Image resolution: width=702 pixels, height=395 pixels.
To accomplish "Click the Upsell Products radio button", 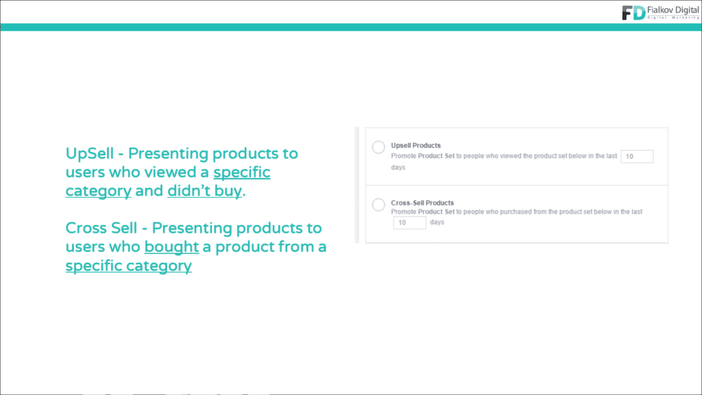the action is [378, 147].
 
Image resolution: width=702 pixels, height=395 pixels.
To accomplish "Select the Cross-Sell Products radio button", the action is [378, 205].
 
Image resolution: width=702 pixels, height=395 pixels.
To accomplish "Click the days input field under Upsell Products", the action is [637, 156].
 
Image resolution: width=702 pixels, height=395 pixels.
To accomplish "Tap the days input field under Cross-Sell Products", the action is [410, 222].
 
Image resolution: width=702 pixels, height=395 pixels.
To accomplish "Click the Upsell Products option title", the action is [415, 145].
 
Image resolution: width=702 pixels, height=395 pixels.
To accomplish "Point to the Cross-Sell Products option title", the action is [422, 203].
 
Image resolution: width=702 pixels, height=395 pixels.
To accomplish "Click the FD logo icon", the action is [633, 12].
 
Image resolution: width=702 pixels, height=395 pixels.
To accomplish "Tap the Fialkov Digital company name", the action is [673, 10].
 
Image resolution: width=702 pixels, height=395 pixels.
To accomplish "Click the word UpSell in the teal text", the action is [90, 154].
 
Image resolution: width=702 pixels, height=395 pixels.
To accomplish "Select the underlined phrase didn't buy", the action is [204, 191].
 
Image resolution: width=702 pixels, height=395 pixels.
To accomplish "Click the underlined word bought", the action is [171, 247].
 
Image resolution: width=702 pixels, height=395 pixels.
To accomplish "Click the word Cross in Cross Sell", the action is [84, 229].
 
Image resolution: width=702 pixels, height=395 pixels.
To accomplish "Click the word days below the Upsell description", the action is [398, 168].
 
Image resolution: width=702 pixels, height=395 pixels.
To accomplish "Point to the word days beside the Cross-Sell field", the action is [437, 222].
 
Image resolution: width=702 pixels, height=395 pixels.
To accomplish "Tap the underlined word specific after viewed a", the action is [242, 173].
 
